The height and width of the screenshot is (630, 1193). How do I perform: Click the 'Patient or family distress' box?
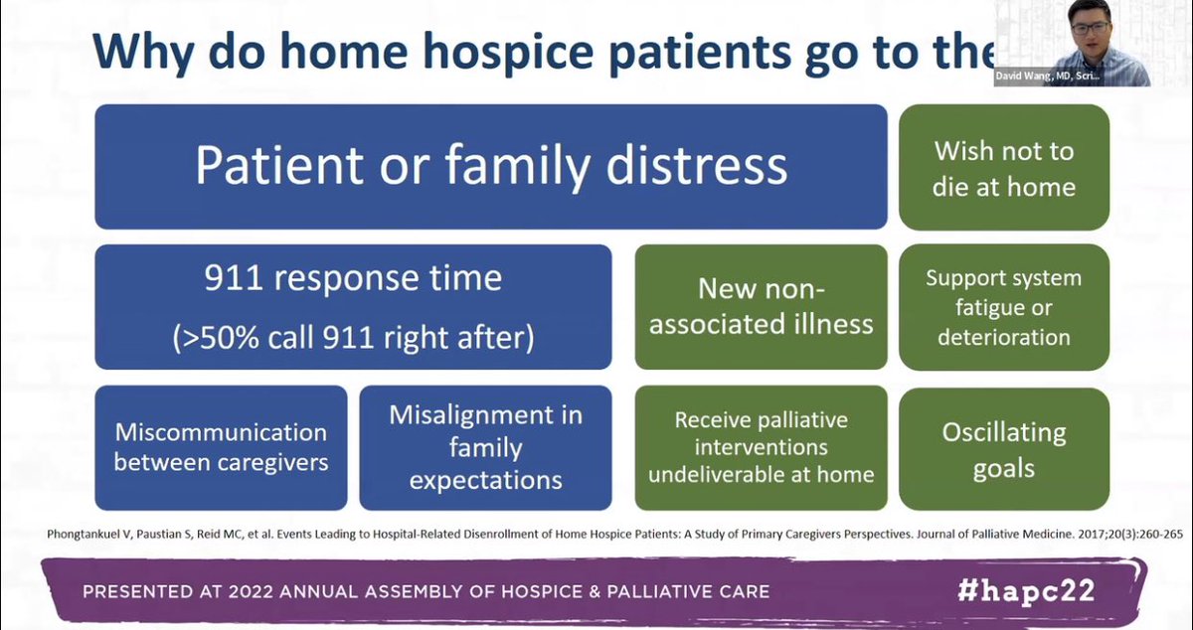pyautogui.click(x=491, y=167)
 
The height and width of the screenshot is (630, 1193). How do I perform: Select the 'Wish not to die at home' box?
pyautogui.click(x=1004, y=167)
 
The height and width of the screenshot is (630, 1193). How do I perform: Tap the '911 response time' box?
pyautogui.click(x=353, y=307)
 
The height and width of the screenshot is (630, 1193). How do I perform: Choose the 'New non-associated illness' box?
pyautogui.click(x=761, y=307)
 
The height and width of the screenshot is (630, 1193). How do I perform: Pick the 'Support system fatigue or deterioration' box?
pyautogui.click(x=1004, y=307)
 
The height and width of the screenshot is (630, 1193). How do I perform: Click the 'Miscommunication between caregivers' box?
pyautogui.click(x=221, y=447)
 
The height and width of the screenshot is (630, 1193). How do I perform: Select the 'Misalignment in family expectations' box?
pyautogui.click(x=485, y=447)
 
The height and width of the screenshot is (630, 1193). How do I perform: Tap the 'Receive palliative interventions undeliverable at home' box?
pyautogui.click(x=761, y=447)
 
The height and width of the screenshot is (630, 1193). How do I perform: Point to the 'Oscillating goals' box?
pyautogui.click(x=1004, y=447)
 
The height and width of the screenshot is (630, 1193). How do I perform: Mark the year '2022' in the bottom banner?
pyautogui.click(x=254, y=592)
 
